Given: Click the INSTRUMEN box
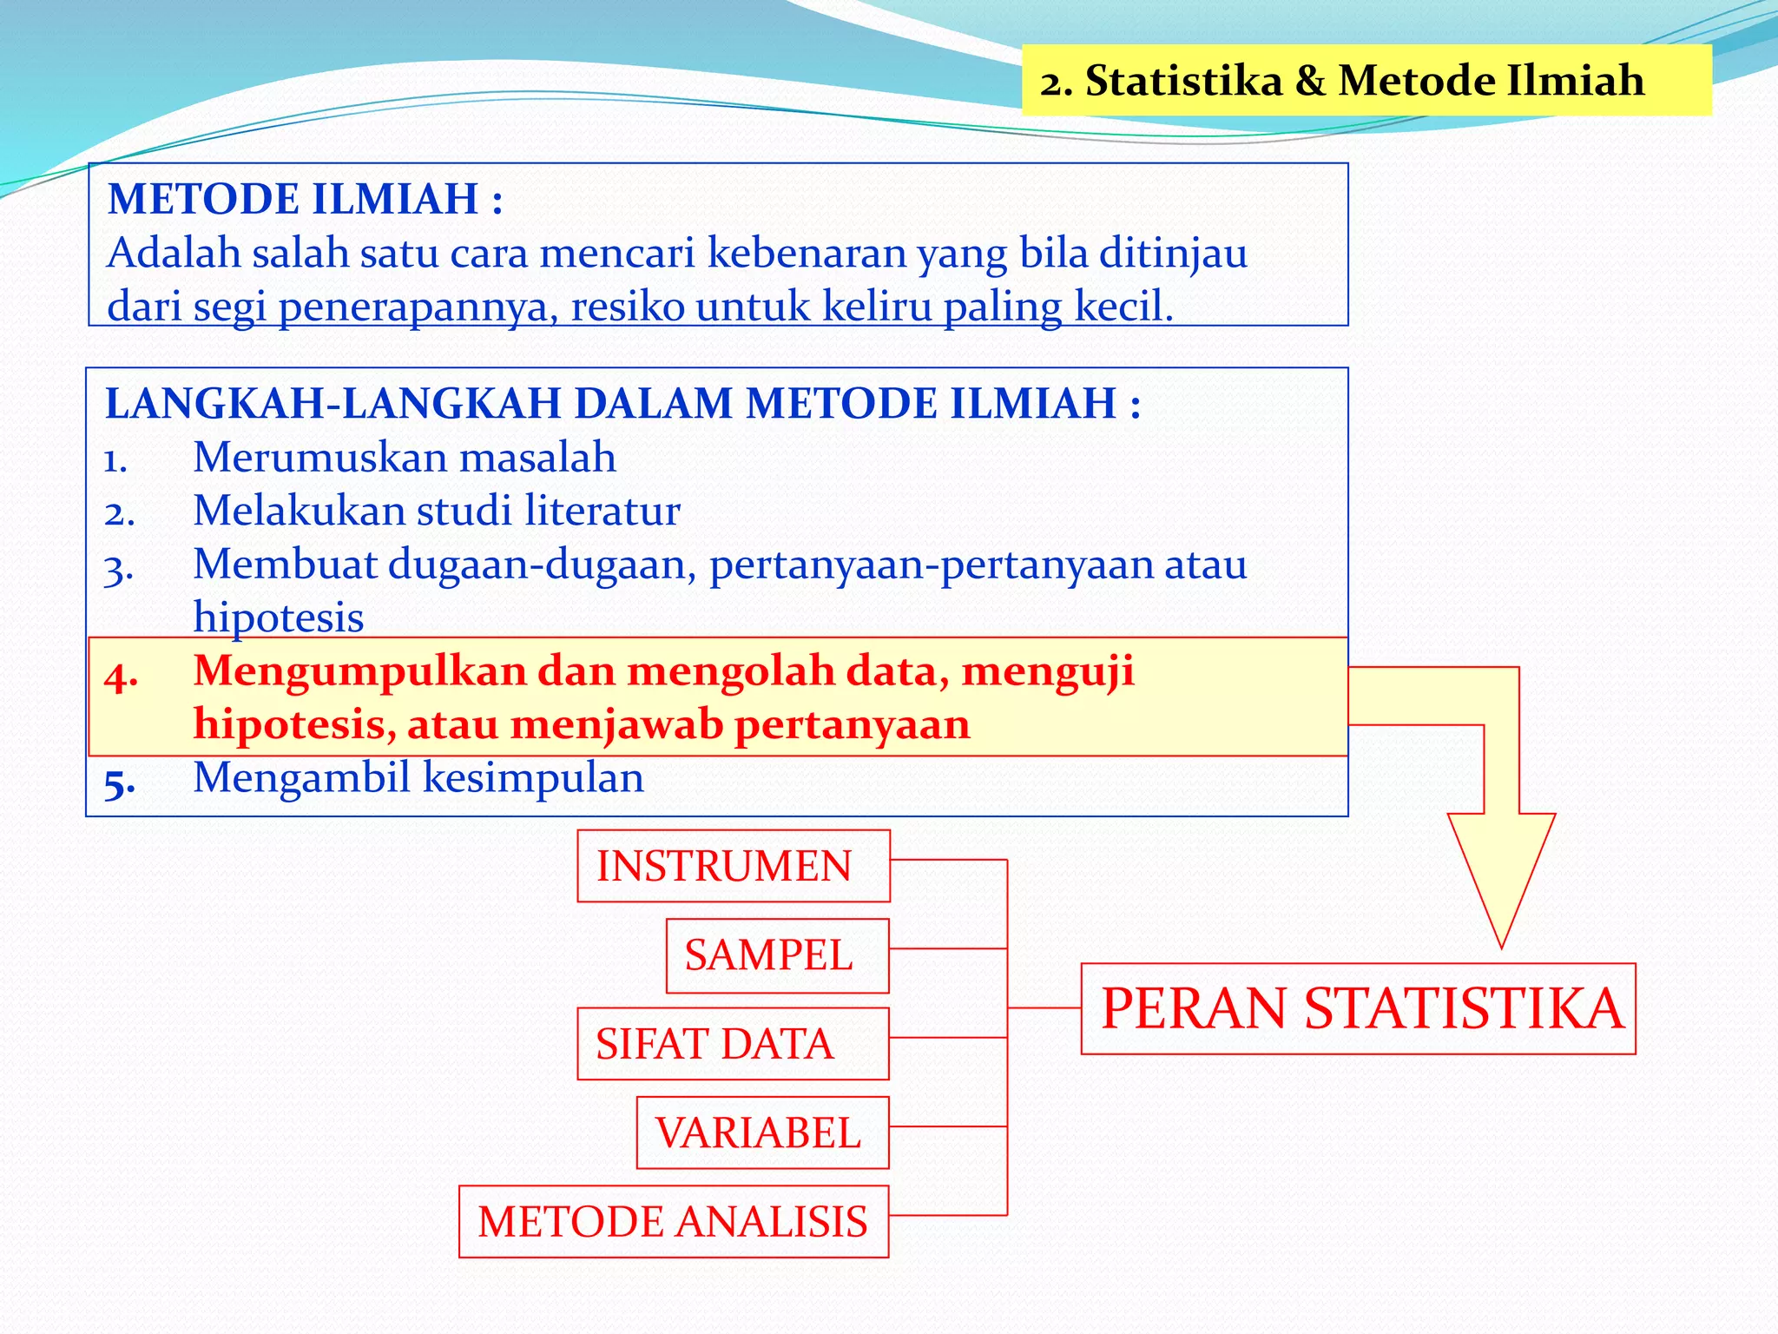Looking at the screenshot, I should click(x=734, y=866).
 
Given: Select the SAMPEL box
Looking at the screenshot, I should click(x=777, y=955).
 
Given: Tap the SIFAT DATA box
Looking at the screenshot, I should click(x=733, y=1044).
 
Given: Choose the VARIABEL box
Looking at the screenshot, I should click(x=762, y=1133).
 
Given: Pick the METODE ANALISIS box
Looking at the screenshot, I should click(x=674, y=1221).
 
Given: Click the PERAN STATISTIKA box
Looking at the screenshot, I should click(x=1358, y=1008).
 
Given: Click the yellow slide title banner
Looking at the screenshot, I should click(x=1366, y=80).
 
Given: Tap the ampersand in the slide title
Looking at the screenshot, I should click(x=1309, y=81).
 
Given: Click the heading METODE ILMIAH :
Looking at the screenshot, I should click(x=305, y=199).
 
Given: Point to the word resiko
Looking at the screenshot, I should click(x=627, y=307).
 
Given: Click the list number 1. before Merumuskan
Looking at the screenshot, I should click(x=116, y=460).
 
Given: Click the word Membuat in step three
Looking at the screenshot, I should click(x=285, y=565).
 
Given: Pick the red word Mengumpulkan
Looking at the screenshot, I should click(x=359, y=671).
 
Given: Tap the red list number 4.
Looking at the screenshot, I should click(x=121, y=676).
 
